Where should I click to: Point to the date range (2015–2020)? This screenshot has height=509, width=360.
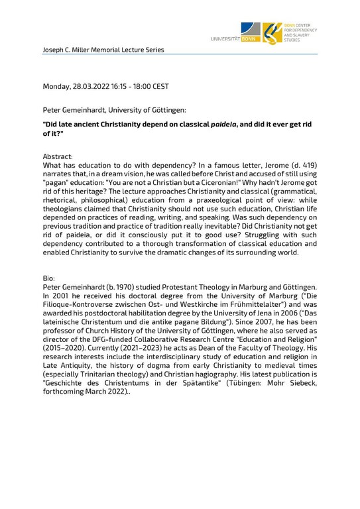click(x=64, y=356)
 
